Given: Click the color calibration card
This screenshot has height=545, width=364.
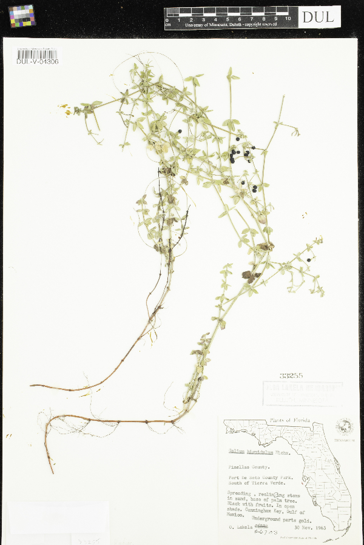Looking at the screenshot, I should click(x=22, y=16).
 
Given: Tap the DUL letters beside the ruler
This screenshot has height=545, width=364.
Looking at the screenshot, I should click(x=318, y=17).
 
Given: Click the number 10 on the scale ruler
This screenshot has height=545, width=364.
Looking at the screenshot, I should click(x=287, y=19).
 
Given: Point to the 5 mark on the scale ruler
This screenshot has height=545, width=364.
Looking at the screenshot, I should click(x=228, y=19).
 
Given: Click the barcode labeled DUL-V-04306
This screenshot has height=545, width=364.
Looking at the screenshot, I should click(x=37, y=56).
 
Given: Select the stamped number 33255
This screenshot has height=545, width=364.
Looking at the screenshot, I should click(x=291, y=375).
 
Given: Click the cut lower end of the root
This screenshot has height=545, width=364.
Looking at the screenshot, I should click(x=52, y=471).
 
